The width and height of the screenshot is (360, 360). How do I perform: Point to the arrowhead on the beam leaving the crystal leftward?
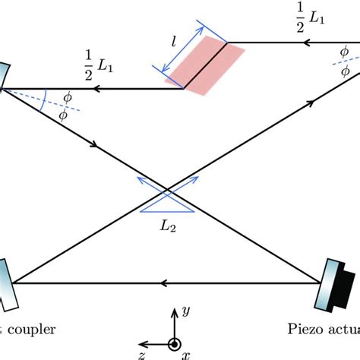click(x=96, y=88)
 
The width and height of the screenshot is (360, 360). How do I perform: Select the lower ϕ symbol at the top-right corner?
click(x=344, y=71)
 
